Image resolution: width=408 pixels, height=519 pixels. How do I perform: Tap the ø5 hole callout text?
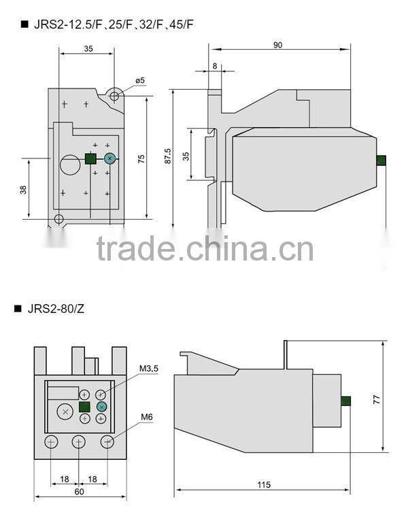click(x=140, y=80)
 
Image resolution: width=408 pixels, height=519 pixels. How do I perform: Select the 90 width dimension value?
click(x=278, y=45)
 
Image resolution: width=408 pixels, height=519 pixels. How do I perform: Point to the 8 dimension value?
click(x=215, y=65)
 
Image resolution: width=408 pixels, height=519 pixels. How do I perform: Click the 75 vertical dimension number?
click(x=141, y=158)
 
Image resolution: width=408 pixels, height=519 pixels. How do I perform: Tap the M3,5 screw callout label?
click(x=148, y=369)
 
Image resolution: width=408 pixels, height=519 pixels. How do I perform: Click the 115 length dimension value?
click(x=265, y=484)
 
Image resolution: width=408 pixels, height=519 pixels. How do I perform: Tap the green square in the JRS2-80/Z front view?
click(x=84, y=407)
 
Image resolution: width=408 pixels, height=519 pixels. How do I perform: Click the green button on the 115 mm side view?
click(x=345, y=401)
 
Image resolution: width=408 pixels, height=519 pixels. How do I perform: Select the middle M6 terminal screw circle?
click(x=79, y=442)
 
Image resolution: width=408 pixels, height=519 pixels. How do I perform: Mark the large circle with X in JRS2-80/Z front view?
click(x=64, y=412)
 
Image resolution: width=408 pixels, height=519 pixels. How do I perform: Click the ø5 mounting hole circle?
click(x=114, y=97)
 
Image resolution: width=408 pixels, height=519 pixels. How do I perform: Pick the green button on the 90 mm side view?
click(x=381, y=161)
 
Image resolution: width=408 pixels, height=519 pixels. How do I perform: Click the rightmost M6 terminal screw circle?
click(x=107, y=442)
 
